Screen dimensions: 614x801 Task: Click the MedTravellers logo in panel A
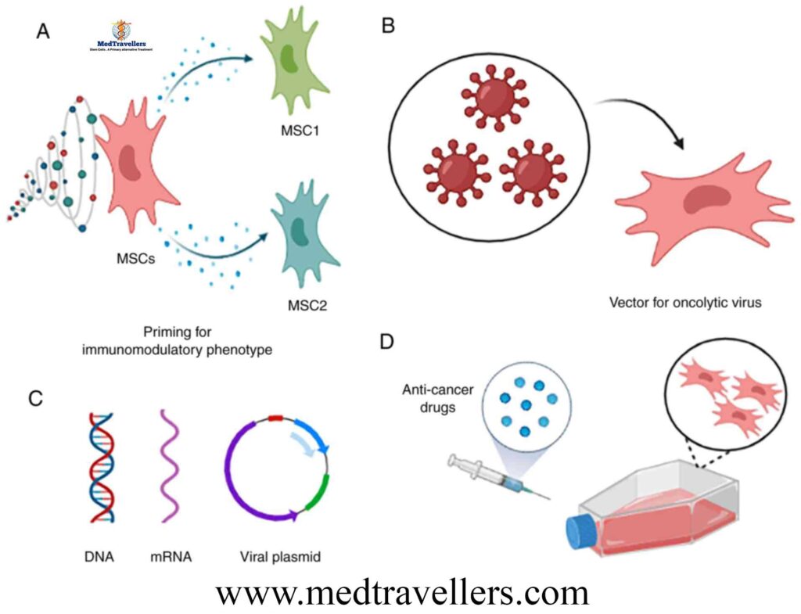121,36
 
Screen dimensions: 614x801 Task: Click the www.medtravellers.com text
401,592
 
